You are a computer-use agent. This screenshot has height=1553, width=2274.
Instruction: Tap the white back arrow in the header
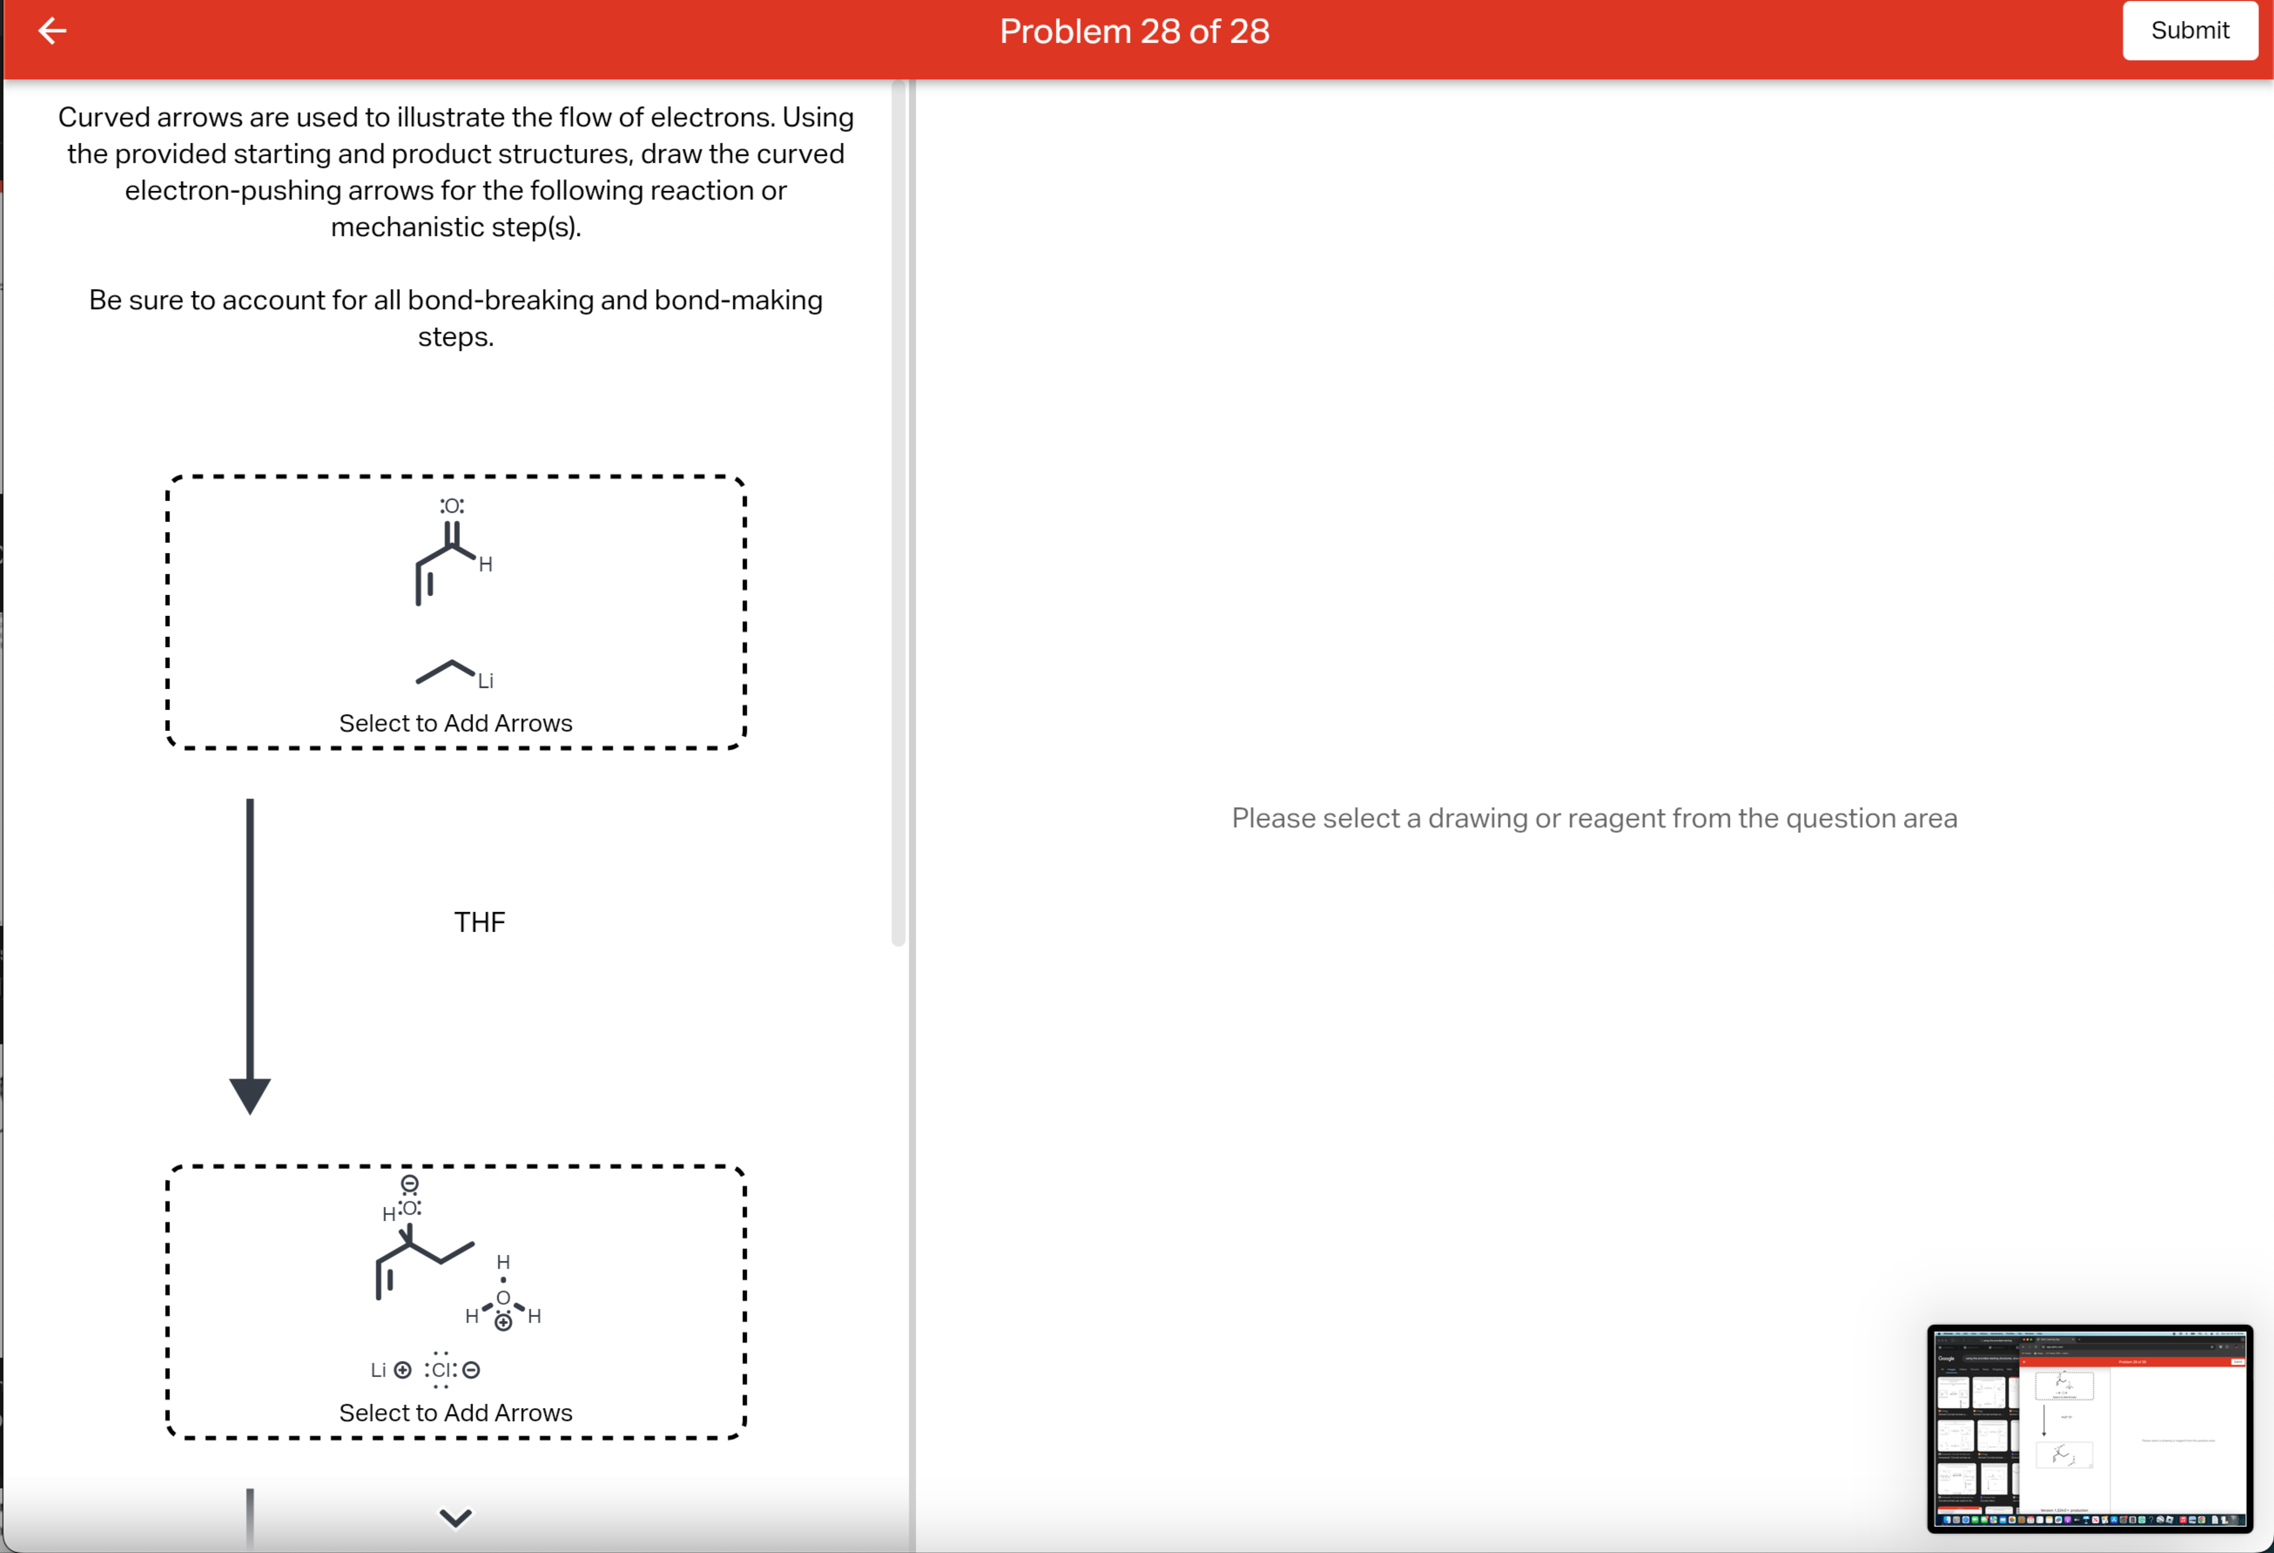(x=52, y=31)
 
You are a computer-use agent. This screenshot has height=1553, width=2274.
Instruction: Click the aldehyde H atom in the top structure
(x=485, y=565)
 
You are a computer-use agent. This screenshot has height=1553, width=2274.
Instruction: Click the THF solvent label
(x=479, y=922)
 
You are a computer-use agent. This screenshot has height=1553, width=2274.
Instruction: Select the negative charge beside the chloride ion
(x=472, y=1370)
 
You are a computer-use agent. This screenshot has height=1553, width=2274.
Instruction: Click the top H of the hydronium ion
(x=503, y=1262)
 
